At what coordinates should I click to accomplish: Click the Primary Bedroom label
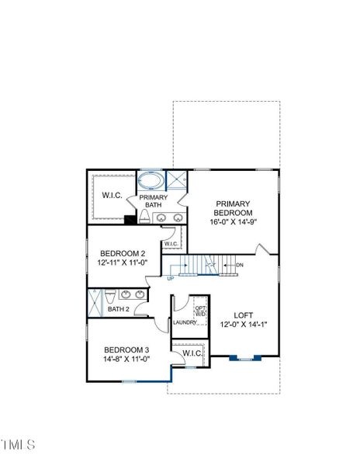click(x=233, y=208)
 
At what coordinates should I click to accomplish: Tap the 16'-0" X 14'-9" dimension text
click(x=233, y=222)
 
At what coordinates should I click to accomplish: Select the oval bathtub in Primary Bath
click(x=151, y=180)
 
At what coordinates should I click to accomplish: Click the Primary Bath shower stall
click(x=176, y=180)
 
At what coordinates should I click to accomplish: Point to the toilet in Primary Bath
click(x=144, y=216)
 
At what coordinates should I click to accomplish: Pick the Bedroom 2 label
click(x=123, y=253)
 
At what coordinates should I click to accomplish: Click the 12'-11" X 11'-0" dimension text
click(x=123, y=263)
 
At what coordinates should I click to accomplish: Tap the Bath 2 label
click(x=119, y=309)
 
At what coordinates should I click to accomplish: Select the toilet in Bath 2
click(x=110, y=296)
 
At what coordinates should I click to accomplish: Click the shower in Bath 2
click(x=95, y=303)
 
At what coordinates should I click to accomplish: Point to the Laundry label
click(x=185, y=322)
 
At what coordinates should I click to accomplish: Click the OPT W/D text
click(x=201, y=311)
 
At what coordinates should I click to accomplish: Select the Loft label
click(x=244, y=315)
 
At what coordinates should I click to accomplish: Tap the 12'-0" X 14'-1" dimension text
click(x=244, y=324)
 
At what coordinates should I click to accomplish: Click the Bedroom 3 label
click(x=126, y=349)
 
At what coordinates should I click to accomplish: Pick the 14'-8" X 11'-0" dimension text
click(x=126, y=359)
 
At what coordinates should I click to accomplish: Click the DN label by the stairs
click(x=240, y=265)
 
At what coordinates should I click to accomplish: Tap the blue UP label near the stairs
click(x=171, y=279)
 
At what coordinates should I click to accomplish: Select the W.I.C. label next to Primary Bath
click(x=112, y=195)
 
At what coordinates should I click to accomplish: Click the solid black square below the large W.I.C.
click(x=130, y=219)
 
